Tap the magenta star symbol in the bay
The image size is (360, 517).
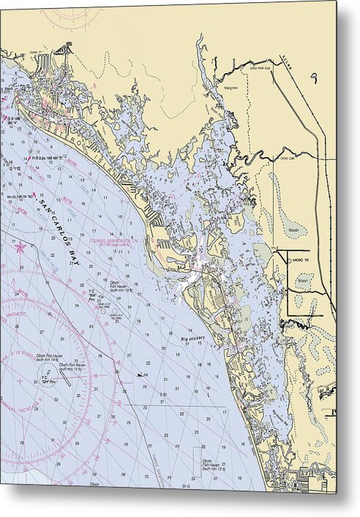pyautogui.click(x=20, y=248)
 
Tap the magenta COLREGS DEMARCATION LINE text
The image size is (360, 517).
pyautogui.click(x=113, y=242)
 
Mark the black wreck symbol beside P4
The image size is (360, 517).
pyautogui.click(x=139, y=374)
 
